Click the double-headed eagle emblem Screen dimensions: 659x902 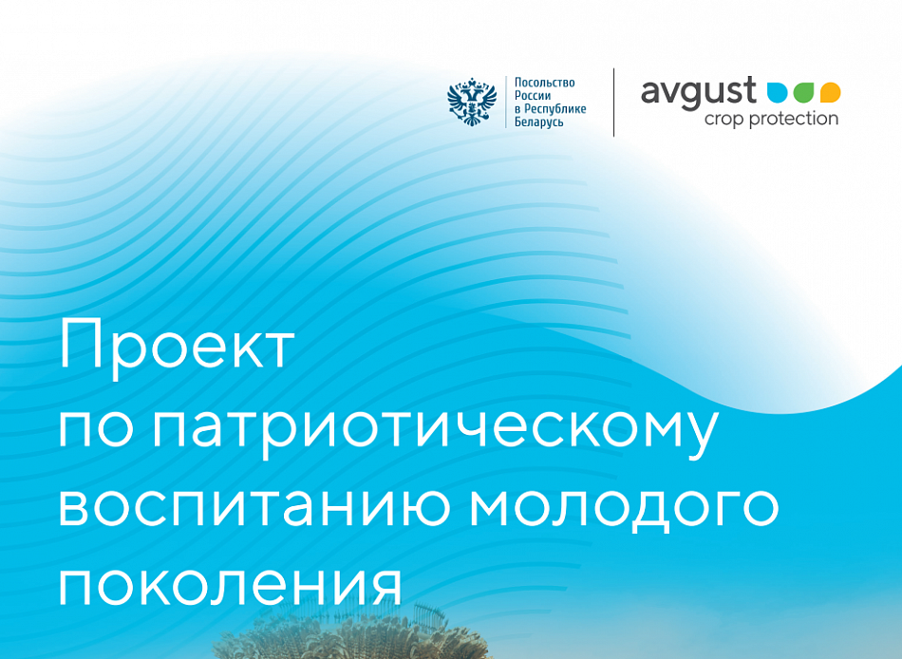(472, 103)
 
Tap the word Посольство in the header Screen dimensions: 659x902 (544, 83)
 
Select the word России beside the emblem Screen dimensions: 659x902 (533, 96)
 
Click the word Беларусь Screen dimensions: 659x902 (539, 122)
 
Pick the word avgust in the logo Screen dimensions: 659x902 (698, 92)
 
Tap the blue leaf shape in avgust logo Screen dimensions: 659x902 (778, 92)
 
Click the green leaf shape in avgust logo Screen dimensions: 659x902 (803, 92)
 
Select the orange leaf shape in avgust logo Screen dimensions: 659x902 (830, 92)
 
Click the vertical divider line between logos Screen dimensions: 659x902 (613, 103)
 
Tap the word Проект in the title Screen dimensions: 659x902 (177, 346)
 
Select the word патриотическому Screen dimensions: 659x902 (433, 428)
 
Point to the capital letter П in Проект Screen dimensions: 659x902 (80, 346)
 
